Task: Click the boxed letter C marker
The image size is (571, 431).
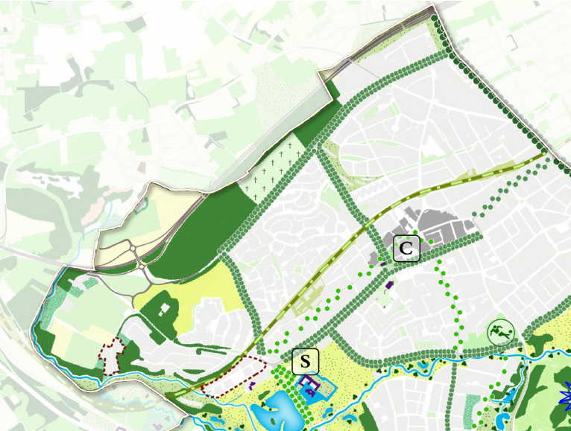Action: click(406, 249)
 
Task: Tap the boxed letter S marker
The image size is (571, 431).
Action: click(305, 363)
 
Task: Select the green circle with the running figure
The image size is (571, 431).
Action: click(500, 331)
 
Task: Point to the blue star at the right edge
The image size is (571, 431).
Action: click(565, 391)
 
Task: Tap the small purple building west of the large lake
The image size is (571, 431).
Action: click(253, 385)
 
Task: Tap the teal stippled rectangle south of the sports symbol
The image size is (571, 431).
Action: click(473, 406)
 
